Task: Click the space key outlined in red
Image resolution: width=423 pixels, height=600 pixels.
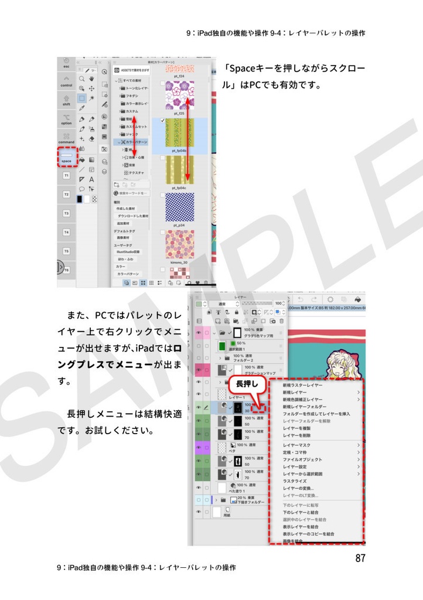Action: click(x=66, y=158)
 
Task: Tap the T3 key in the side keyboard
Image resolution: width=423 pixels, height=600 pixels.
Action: click(x=66, y=213)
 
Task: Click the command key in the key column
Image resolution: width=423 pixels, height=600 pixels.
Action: click(x=66, y=138)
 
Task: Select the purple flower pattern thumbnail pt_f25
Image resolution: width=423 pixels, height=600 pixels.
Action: click(x=179, y=96)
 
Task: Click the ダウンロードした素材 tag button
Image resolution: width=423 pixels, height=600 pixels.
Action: click(x=132, y=216)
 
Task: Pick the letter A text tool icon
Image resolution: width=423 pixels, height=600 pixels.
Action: click(x=91, y=179)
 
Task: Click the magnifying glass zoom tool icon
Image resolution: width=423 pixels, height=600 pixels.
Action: click(x=83, y=78)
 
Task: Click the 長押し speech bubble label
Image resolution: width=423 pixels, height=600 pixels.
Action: click(x=247, y=384)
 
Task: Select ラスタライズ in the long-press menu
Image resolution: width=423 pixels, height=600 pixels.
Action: click(x=295, y=481)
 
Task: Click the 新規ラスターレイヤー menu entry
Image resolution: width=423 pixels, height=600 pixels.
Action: click(x=302, y=386)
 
